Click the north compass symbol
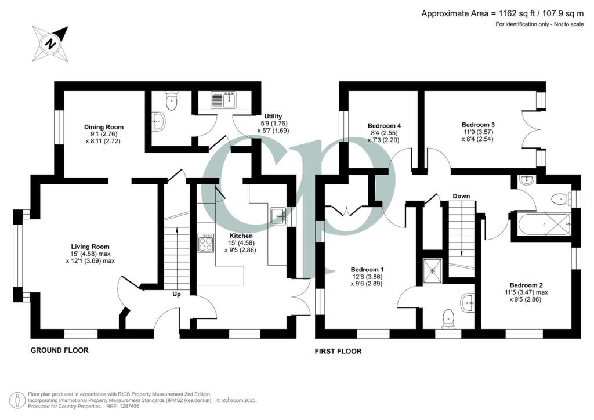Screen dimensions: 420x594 [x=50, y=44]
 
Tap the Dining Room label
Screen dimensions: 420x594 [x=104, y=127]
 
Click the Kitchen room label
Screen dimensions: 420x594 [x=240, y=236]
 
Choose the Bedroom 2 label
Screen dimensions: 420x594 [x=528, y=285]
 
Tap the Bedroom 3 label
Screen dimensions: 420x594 [x=478, y=124]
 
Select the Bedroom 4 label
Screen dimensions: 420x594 [x=385, y=125]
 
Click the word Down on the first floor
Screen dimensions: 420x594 [x=462, y=196]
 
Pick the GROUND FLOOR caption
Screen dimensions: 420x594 [x=59, y=350]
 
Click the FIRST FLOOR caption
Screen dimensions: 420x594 [x=338, y=351]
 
